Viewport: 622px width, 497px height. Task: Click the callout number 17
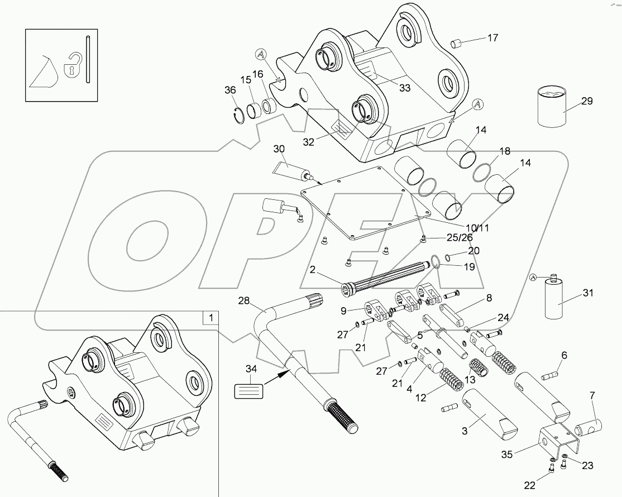click(x=492, y=38)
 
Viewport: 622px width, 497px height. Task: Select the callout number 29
click(x=586, y=101)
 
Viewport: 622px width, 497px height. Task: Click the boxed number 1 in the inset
click(x=210, y=319)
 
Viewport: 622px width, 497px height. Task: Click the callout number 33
click(x=405, y=87)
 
